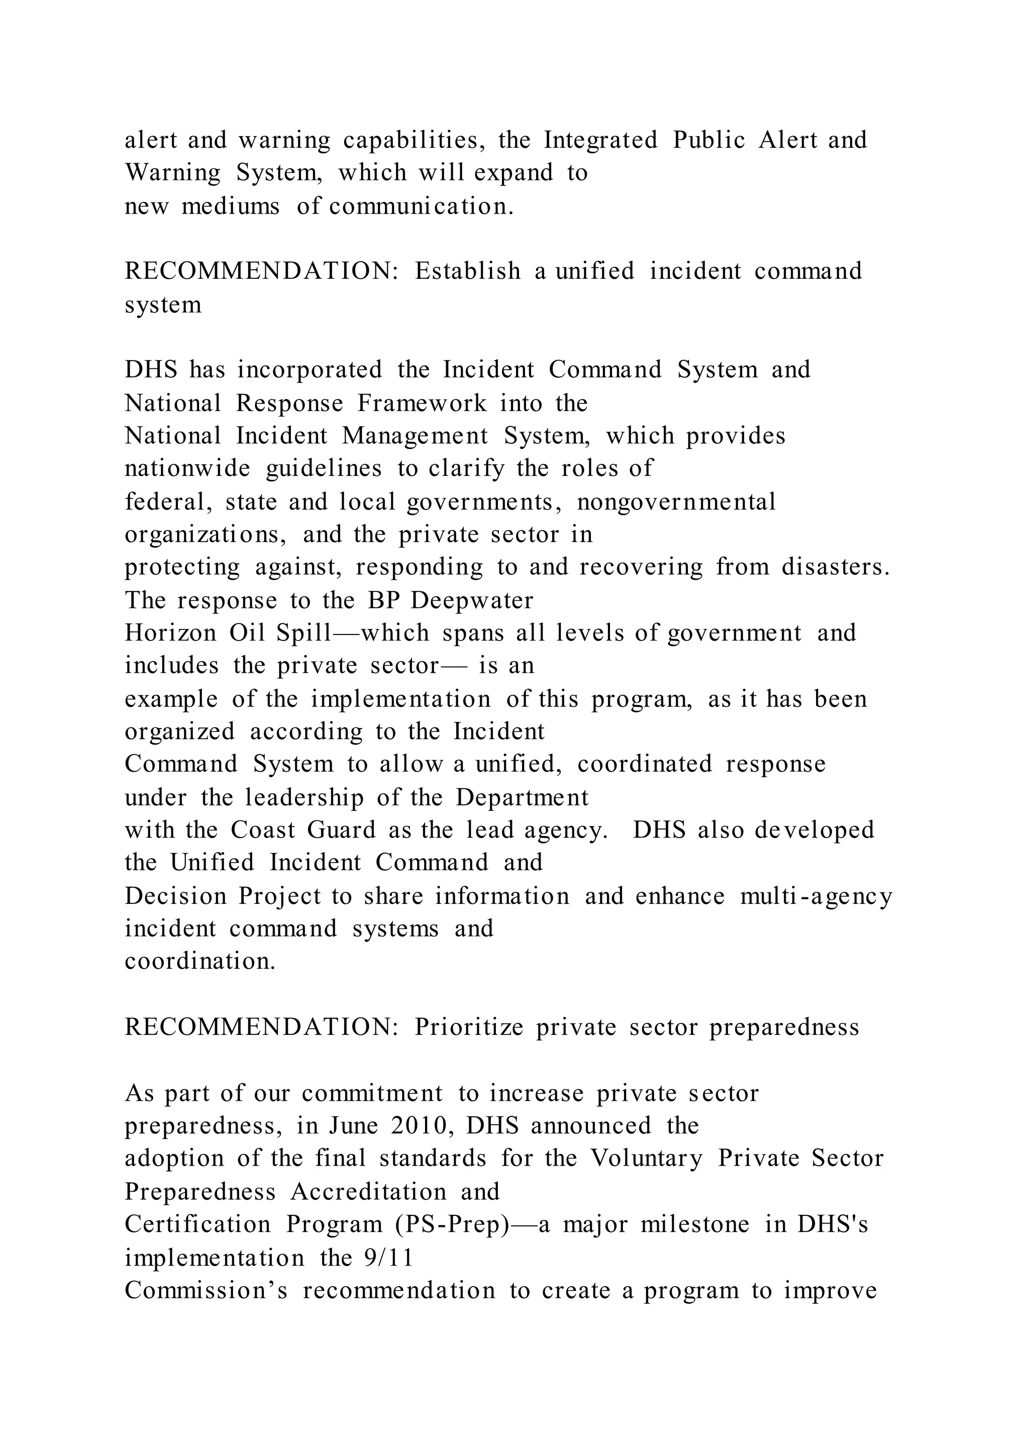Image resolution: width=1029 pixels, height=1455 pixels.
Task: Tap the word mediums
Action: (230, 206)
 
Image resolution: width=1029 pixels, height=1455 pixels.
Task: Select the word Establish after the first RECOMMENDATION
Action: (468, 271)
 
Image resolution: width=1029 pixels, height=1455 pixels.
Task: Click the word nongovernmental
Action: (676, 502)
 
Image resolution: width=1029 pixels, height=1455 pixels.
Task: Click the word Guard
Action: (342, 830)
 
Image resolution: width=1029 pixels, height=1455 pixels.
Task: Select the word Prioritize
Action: (469, 1028)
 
